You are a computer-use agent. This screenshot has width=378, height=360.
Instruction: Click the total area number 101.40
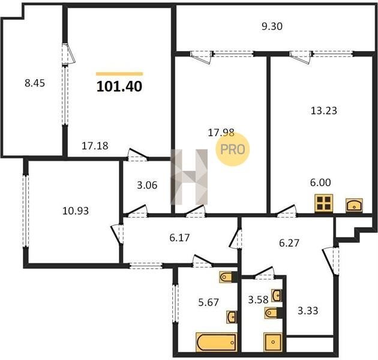119,86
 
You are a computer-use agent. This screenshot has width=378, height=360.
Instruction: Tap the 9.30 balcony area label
272,26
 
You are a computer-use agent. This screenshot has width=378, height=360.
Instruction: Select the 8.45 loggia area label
35,83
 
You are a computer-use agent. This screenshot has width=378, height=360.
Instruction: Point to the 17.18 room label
95,146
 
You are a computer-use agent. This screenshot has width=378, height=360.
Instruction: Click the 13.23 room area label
324,110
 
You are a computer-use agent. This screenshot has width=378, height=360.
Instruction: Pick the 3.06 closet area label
147,185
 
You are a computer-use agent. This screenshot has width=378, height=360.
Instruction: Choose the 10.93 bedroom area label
76,211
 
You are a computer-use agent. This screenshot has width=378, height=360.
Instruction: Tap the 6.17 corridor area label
179,238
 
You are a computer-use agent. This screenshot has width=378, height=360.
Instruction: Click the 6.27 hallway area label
289,243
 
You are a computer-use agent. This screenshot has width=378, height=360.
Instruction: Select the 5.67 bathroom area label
208,302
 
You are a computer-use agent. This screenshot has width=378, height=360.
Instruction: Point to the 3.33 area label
308,311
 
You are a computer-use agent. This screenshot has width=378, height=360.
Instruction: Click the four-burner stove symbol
324,203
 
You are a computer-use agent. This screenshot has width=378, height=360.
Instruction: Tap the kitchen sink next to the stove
354,205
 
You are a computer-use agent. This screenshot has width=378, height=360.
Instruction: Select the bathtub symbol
217,342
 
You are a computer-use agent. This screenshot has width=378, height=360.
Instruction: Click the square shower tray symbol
273,342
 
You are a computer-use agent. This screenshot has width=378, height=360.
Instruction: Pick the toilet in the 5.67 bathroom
226,277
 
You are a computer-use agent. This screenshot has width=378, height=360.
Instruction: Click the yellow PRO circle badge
233,149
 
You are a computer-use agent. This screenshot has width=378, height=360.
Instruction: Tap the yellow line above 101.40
119,74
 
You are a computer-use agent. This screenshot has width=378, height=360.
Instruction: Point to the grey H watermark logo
189,177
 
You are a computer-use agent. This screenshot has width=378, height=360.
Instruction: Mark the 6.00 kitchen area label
320,182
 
